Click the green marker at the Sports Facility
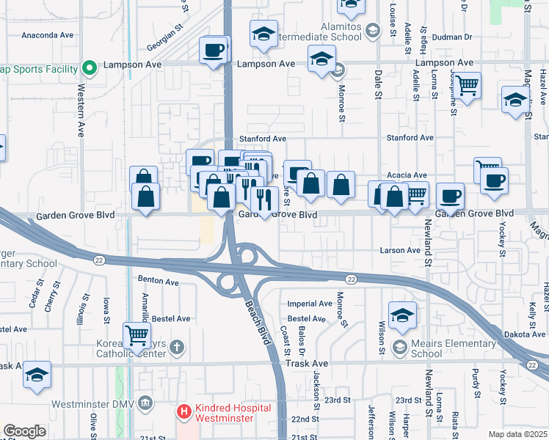90,69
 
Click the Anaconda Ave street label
48,34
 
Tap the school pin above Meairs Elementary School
402,315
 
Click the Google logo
24,431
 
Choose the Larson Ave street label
400,250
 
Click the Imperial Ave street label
310,304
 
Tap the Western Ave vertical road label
81,114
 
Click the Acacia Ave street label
409,175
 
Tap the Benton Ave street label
159,282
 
